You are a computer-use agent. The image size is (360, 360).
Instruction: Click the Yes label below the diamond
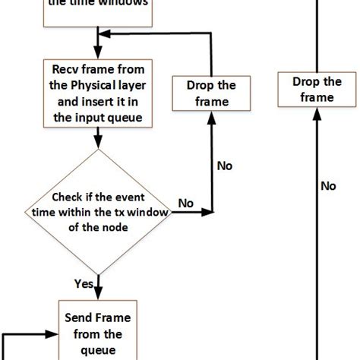(84, 284)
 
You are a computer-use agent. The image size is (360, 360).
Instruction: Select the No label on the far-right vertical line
(328, 185)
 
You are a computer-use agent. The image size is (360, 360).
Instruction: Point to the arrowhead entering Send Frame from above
(96, 296)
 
